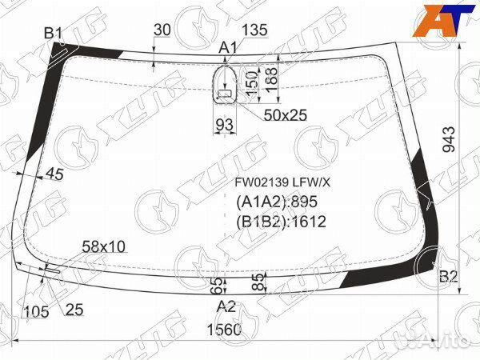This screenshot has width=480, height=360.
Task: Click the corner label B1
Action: click(x=54, y=33)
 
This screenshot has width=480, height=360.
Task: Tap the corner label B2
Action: click(x=449, y=277)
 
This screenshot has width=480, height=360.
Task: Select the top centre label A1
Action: click(x=228, y=48)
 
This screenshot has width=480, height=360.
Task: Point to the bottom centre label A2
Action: click(x=226, y=306)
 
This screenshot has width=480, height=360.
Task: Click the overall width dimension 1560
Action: click(x=224, y=330)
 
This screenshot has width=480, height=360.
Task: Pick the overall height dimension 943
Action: click(x=450, y=139)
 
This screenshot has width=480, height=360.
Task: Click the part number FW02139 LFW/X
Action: click(x=282, y=182)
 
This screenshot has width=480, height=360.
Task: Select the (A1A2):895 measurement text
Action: click(x=277, y=202)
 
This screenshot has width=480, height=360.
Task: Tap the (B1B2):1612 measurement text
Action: click(x=281, y=222)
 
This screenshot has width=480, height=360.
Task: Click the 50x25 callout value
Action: click(x=286, y=115)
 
